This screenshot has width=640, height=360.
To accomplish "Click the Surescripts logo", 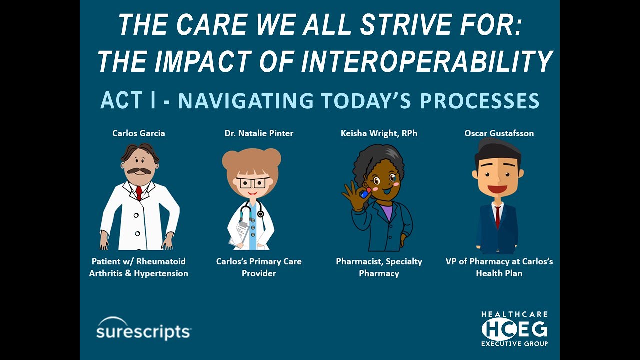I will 143,329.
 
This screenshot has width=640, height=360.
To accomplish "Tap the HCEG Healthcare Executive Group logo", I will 514,329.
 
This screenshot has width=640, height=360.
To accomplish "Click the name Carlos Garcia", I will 139,133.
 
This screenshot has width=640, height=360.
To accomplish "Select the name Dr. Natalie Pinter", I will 259,133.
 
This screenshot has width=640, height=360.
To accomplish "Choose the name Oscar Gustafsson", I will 499,133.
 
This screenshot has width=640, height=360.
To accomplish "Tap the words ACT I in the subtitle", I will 128,100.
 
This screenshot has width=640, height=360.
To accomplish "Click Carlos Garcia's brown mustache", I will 139,171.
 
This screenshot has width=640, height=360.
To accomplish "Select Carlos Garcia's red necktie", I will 139,192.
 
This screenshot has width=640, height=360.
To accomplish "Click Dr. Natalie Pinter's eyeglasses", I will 252,182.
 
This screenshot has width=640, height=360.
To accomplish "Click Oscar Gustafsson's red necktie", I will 498,217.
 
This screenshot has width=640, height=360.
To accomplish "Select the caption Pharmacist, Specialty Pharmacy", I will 379,267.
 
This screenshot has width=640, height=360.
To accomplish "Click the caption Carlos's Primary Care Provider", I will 259,267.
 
